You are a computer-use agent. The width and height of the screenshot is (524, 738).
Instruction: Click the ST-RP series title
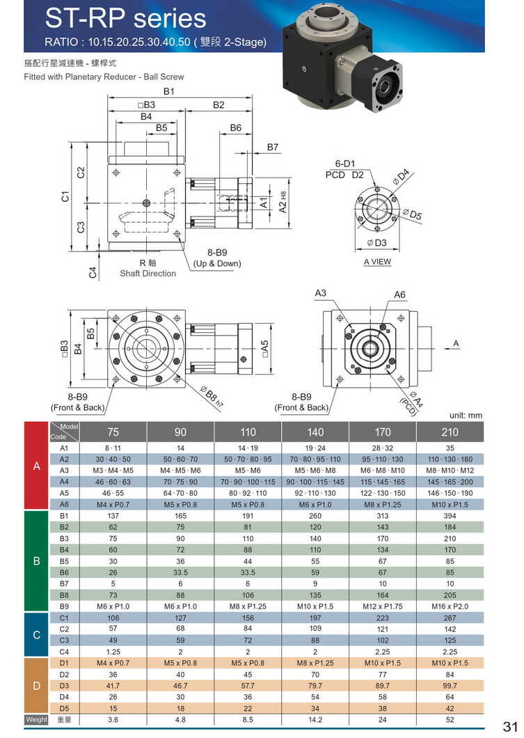(126, 19)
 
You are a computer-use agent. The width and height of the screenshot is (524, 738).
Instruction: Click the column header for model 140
(315, 432)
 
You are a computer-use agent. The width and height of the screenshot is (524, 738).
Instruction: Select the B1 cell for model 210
(450, 516)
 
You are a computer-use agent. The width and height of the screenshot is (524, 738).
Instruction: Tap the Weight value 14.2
(315, 719)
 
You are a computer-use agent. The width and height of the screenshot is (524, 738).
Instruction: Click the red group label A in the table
(37, 466)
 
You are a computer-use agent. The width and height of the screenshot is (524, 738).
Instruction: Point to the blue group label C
(37, 634)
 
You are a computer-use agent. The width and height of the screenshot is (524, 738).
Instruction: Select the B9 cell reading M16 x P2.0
(450, 606)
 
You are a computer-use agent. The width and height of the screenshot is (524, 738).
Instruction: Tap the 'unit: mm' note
(466, 416)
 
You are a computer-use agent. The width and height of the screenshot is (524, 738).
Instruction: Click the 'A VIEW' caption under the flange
(377, 262)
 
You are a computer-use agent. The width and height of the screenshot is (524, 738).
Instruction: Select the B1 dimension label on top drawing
(169, 92)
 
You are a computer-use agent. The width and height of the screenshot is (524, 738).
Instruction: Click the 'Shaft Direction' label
(148, 274)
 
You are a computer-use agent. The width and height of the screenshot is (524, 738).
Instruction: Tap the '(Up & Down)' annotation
(217, 263)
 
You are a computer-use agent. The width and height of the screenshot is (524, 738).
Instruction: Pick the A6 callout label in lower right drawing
(399, 295)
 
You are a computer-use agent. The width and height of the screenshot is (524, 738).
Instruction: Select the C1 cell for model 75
(113, 618)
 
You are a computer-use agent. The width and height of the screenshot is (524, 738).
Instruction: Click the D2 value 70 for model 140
(315, 674)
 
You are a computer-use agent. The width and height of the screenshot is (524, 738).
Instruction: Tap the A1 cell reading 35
(450, 448)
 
